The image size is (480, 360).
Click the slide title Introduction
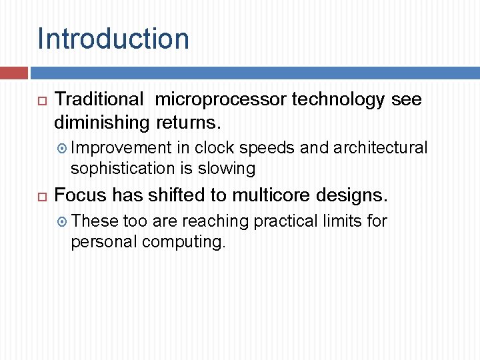113,39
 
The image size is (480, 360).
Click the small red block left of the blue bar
13,73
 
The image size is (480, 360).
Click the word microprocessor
223,100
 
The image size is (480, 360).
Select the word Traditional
99,100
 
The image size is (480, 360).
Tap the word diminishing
102,123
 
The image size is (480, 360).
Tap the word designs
353,196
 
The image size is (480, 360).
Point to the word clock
215,147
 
